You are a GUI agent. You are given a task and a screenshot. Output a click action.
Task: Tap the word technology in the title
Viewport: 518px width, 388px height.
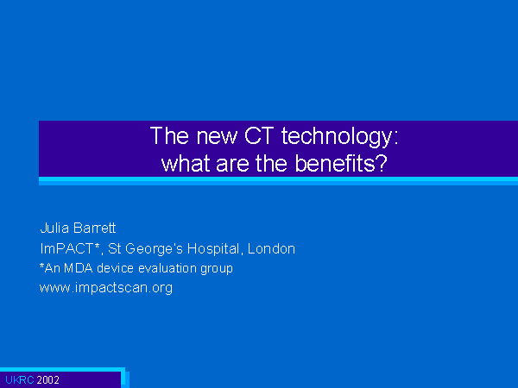click(340, 137)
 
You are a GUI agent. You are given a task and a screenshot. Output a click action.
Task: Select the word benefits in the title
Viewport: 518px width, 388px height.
click(341, 163)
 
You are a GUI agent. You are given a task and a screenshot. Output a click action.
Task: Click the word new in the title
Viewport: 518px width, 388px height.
click(217, 137)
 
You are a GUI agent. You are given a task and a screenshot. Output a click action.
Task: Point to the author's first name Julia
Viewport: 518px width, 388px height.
click(54, 228)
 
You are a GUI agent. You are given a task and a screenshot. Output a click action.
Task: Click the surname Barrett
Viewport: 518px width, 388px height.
click(94, 228)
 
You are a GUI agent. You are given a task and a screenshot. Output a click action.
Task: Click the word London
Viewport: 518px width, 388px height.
click(271, 249)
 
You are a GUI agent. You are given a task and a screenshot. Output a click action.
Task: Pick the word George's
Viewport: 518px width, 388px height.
click(154, 249)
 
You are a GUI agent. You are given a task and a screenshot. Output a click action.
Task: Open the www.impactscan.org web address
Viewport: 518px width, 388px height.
click(106, 288)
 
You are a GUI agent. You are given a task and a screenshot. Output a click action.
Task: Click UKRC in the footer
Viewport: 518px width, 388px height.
click(20, 380)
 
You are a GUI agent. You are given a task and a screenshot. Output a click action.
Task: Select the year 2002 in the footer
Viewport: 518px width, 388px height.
click(47, 380)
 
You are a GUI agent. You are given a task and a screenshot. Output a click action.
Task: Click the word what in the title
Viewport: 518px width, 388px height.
click(186, 164)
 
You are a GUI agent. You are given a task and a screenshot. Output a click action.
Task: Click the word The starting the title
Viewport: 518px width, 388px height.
click(169, 135)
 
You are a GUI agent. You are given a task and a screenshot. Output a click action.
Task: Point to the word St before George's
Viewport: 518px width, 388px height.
click(114, 248)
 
